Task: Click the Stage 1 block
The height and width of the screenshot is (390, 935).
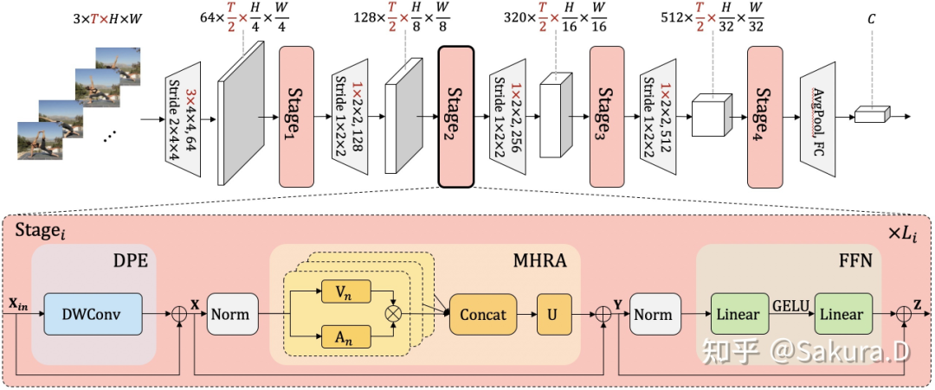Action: click(x=296, y=116)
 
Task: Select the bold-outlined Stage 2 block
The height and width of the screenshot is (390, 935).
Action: click(x=456, y=116)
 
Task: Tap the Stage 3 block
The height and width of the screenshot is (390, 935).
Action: click(x=607, y=116)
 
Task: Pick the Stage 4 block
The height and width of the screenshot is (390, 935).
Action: click(x=765, y=116)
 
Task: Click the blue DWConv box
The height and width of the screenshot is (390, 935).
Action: click(x=93, y=314)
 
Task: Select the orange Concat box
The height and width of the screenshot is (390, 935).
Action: click(x=483, y=314)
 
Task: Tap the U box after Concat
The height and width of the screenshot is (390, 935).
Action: click(x=555, y=314)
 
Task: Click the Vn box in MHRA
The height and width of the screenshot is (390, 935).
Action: click(x=345, y=291)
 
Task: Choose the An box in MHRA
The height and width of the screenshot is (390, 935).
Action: click(x=345, y=337)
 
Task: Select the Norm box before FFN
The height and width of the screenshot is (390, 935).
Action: click(x=655, y=314)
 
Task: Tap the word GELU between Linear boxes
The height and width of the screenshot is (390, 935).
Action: click(x=791, y=306)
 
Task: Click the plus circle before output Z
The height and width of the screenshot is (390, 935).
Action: click(x=906, y=314)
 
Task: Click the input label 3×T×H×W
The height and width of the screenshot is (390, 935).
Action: click(x=108, y=18)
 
